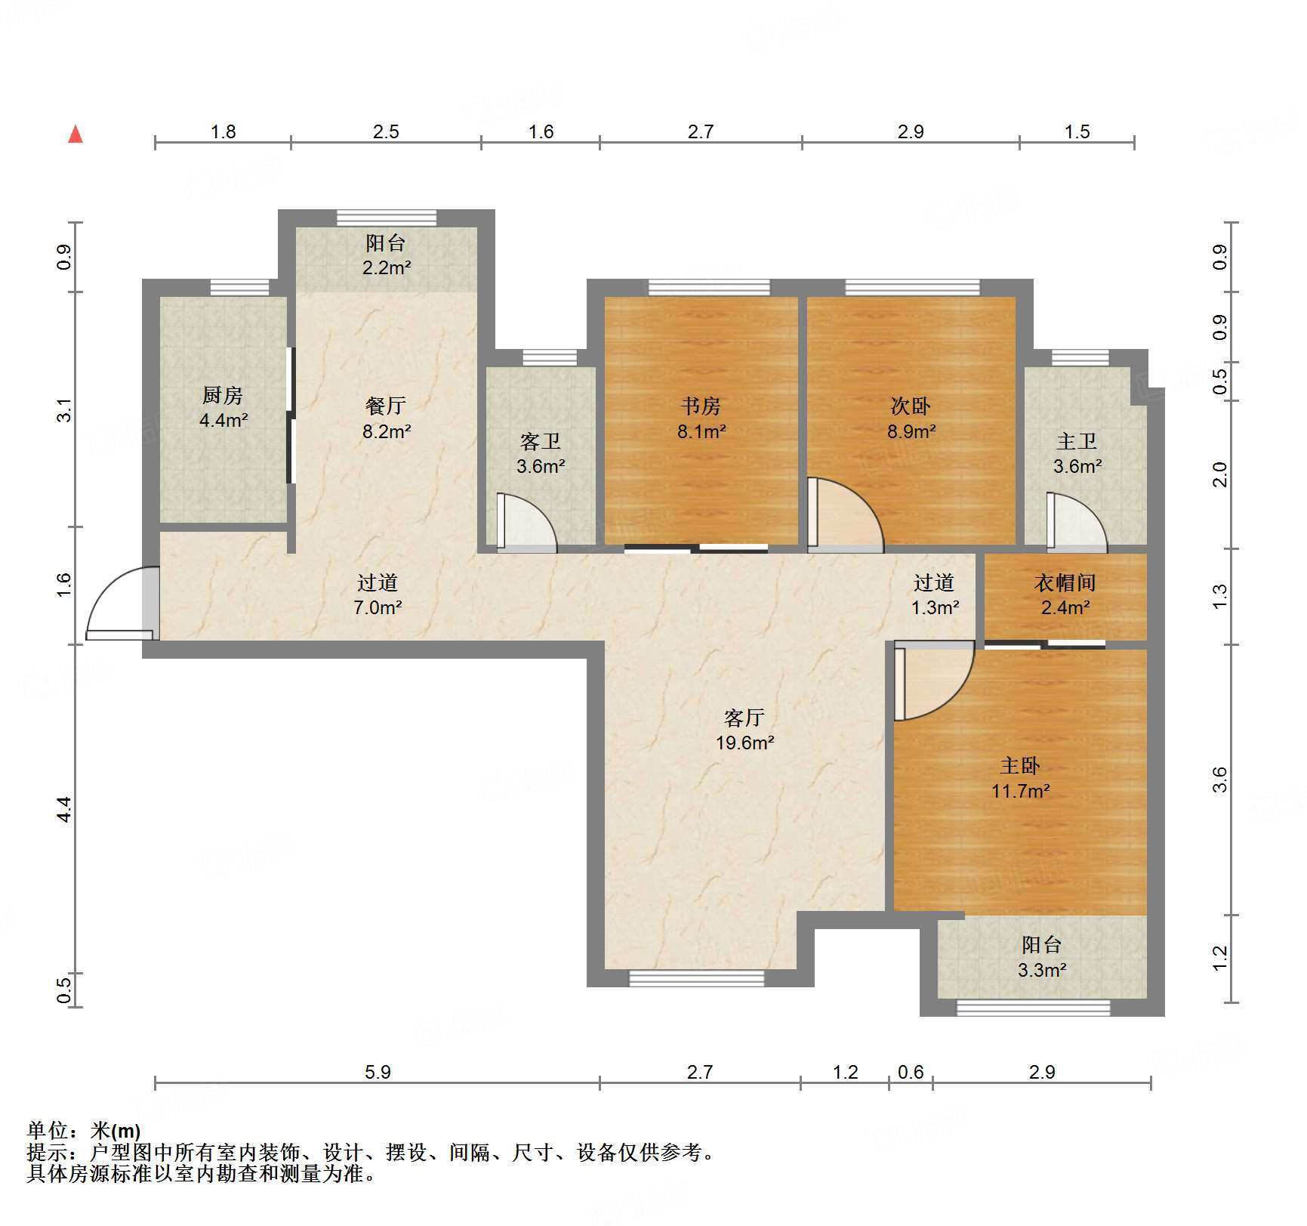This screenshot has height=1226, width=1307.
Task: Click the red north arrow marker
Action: click(x=76, y=134)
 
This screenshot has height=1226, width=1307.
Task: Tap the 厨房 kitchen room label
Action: click(x=223, y=395)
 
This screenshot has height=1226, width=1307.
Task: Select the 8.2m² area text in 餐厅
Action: click(x=387, y=431)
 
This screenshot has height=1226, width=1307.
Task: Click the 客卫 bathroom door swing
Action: click(x=526, y=522)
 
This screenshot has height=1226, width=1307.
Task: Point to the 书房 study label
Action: click(x=701, y=406)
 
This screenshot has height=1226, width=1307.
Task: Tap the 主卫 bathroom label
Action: click(x=1077, y=441)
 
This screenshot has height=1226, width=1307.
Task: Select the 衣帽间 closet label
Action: click(x=1065, y=582)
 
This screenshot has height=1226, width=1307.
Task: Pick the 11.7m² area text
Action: click(x=1020, y=791)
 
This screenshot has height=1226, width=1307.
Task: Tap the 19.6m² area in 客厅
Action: click(x=744, y=743)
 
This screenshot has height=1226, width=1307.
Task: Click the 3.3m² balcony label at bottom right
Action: click(x=1041, y=970)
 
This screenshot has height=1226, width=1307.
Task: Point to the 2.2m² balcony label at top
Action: click(x=387, y=267)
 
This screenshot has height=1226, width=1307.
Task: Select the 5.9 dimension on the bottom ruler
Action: click(x=378, y=1072)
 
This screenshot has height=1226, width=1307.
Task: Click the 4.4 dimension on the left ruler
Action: click(x=64, y=809)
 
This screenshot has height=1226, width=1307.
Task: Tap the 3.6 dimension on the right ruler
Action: click(x=1220, y=779)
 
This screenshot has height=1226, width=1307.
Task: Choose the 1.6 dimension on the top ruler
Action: click(x=541, y=131)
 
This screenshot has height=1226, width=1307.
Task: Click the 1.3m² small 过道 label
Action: click(x=935, y=607)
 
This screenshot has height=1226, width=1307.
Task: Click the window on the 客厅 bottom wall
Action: click(x=696, y=979)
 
